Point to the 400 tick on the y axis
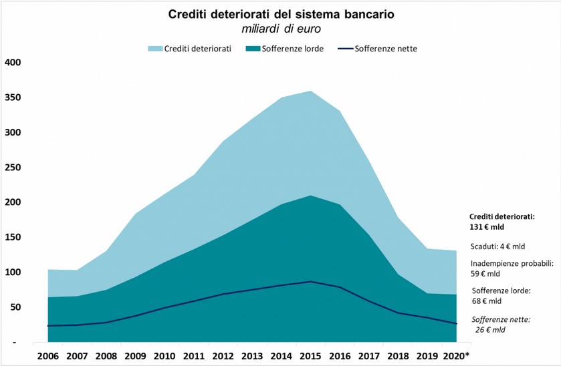pyautogui.click(x=13, y=63)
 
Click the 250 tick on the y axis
pyautogui.click(x=13, y=168)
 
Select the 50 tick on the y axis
pyautogui.click(x=15, y=307)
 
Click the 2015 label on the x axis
pyautogui.click(x=310, y=355)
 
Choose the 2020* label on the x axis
pyautogui.click(x=457, y=355)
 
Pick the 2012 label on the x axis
pyautogui.click(x=223, y=355)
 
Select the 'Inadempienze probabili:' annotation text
pyautogui.click(x=512, y=262)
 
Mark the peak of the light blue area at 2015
pyautogui.click(x=310, y=91)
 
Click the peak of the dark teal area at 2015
pyautogui.click(x=310, y=196)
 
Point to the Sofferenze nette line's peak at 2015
pyautogui.click(x=310, y=282)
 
